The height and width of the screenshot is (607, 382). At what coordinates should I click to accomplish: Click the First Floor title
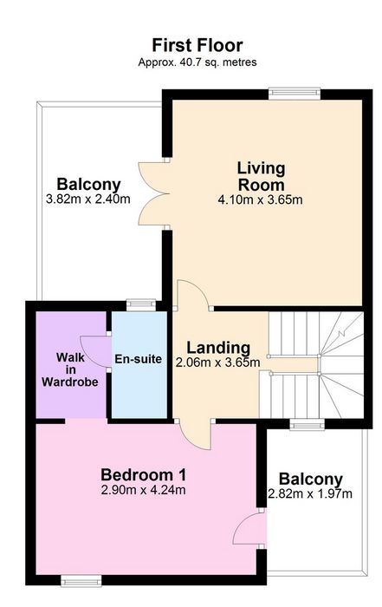coord(197,45)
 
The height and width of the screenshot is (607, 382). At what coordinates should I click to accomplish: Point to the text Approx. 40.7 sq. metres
coord(197,62)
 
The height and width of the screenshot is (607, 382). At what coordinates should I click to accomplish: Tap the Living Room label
coord(261,177)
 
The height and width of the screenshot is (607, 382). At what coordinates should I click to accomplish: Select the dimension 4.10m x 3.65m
coord(260,200)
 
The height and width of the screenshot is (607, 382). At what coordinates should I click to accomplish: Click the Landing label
coord(218,348)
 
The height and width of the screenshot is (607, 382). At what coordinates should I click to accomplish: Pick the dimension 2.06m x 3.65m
coord(217,363)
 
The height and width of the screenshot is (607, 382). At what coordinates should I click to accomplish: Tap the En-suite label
coord(138,359)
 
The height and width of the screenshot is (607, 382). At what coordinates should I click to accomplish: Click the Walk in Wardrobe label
coord(70,369)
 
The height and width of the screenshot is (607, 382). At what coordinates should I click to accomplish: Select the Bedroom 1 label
coord(144,474)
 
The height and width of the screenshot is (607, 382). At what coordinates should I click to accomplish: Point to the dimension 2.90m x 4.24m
coord(143,490)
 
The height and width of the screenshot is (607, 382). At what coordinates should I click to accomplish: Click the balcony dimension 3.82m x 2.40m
coord(88,199)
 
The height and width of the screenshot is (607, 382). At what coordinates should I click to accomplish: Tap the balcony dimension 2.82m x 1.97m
coord(310,494)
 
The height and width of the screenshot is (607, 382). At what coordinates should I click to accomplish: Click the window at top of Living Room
coord(295,93)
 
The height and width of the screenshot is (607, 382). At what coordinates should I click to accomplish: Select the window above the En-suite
coord(141,305)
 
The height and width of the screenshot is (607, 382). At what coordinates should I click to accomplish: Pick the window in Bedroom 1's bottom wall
coord(81,581)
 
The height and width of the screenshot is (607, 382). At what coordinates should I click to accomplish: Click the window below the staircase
coord(308,424)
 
